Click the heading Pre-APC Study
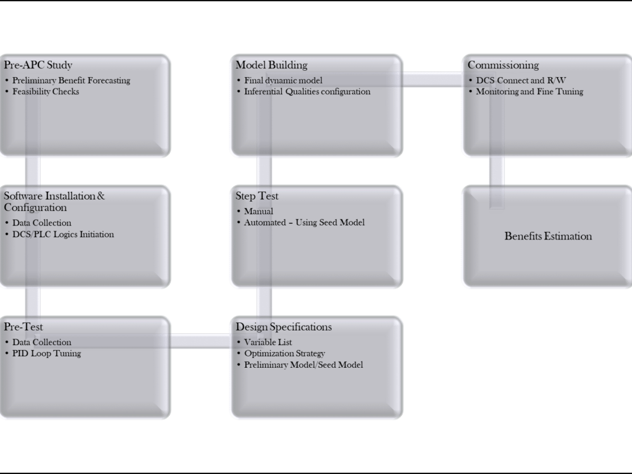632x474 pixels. pyautogui.click(x=38, y=65)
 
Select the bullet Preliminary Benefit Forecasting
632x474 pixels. pyautogui.click(x=71, y=81)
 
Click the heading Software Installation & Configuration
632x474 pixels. pyautogui.click(x=54, y=201)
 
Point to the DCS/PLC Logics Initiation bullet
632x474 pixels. pyautogui.click(x=63, y=234)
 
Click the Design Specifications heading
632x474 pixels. pyautogui.click(x=283, y=327)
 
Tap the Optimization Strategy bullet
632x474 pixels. pyautogui.click(x=284, y=353)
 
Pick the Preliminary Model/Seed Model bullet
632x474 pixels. pyautogui.click(x=303, y=365)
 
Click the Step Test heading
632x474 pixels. pyautogui.click(x=257, y=196)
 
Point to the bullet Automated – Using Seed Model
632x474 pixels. pyautogui.click(x=305, y=222)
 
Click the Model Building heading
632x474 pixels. pyautogui.click(x=271, y=65)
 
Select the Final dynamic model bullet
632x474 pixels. pyautogui.click(x=283, y=81)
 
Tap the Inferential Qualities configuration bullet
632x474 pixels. pyautogui.click(x=307, y=92)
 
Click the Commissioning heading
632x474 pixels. pyautogui.click(x=503, y=65)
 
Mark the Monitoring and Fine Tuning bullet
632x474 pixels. pyautogui.click(x=529, y=92)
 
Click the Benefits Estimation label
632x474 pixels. pyautogui.click(x=548, y=236)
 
